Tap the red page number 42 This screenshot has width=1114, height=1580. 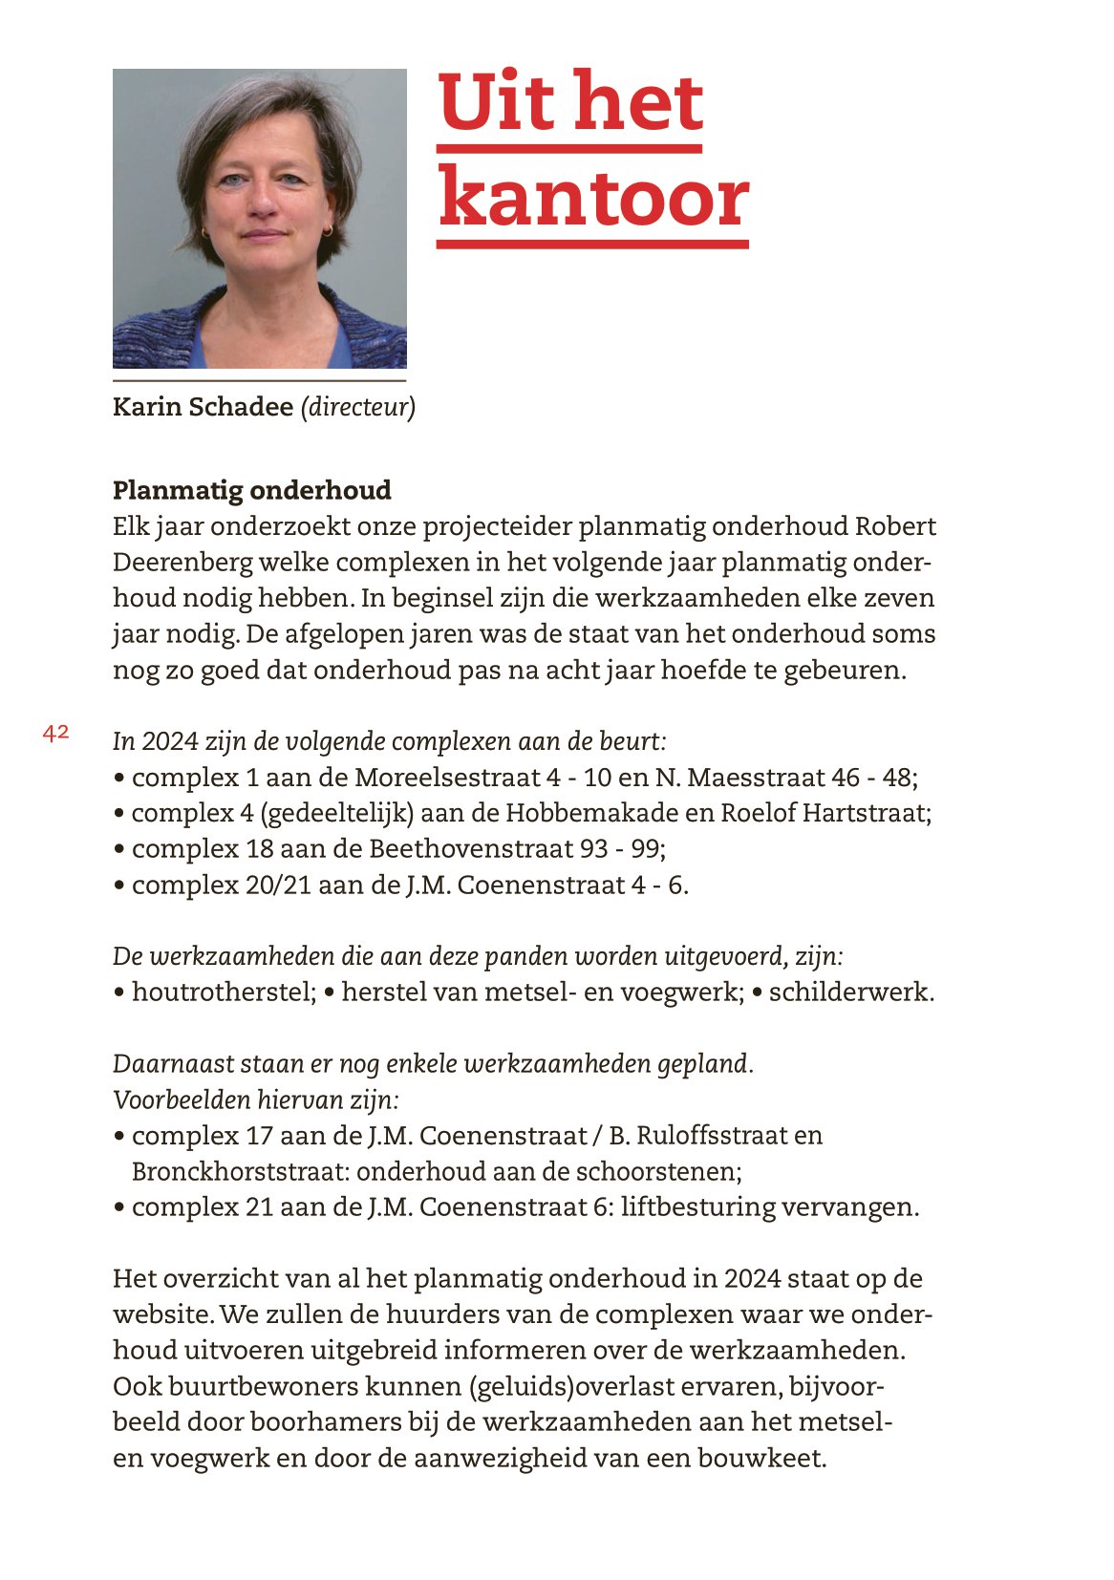tap(55, 733)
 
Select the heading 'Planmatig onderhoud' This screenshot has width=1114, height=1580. tap(252, 490)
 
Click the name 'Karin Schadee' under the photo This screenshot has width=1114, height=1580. tap(203, 407)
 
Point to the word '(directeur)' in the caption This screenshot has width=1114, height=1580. tap(358, 407)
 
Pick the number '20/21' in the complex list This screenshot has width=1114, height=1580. tap(278, 885)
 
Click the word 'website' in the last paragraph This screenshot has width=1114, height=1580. tap(162, 1314)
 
